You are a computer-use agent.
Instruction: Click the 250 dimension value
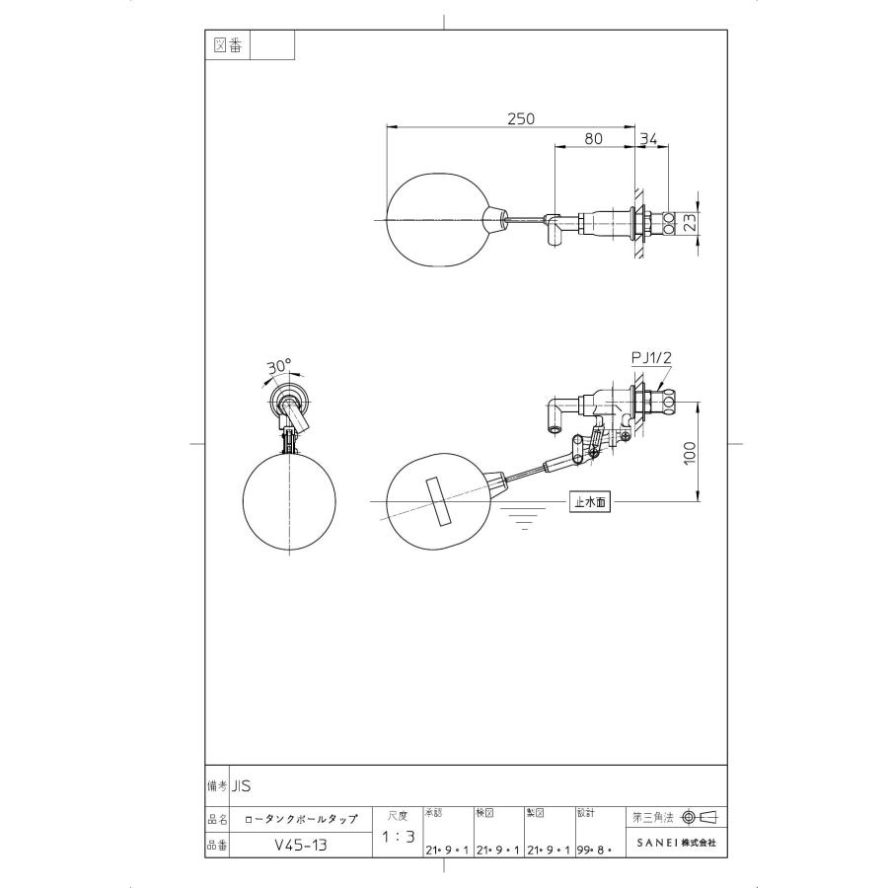click(520, 118)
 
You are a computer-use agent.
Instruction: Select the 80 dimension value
click(593, 139)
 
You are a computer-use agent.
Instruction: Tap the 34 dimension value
click(648, 139)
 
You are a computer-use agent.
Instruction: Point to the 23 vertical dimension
click(690, 223)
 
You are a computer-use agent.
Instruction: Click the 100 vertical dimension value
click(690, 452)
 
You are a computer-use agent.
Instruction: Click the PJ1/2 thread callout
click(650, 358)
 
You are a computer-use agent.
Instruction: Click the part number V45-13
click(301, 846)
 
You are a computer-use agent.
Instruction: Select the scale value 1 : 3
click(397, 837)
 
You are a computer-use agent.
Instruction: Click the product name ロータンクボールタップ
click(301, 818)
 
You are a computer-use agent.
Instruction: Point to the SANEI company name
click(676, 845)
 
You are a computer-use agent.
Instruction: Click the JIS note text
click(242, 786)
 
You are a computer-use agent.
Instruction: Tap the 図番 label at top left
click(228, 45)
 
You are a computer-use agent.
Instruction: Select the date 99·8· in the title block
click(595, 849)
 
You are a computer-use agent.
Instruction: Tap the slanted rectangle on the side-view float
click(435, 502)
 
